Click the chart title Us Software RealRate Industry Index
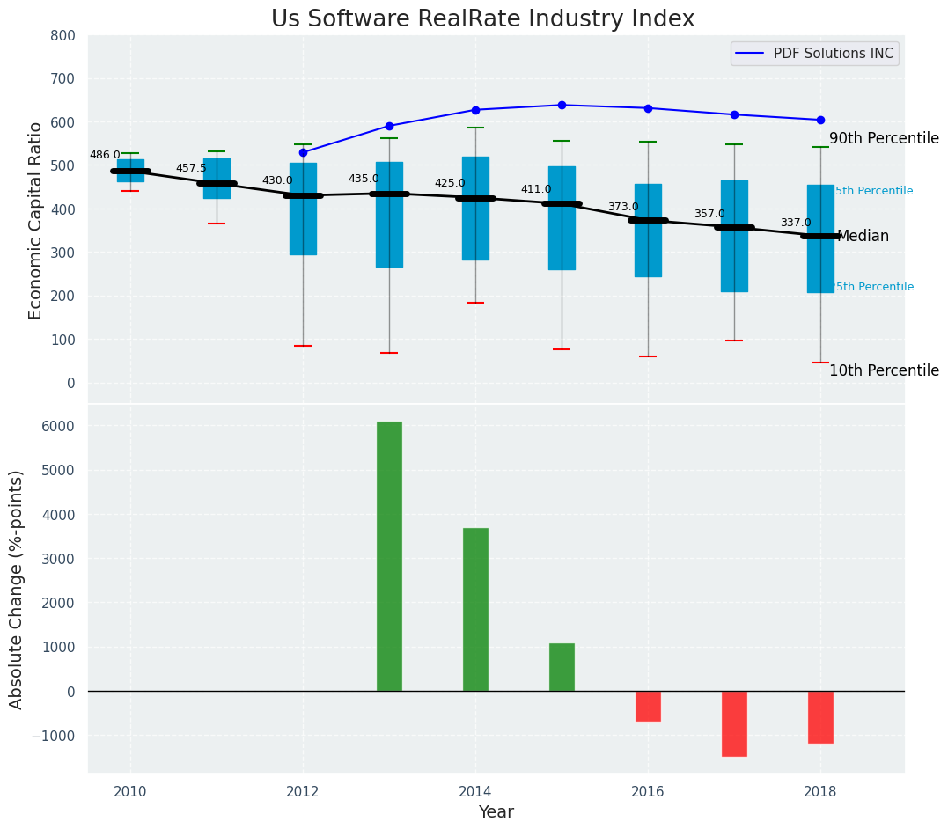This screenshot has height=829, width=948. coord(482,19)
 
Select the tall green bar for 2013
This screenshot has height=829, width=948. coord(389,556)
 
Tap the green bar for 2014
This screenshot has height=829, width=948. coord(475,609)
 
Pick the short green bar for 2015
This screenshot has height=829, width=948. coord(562,667)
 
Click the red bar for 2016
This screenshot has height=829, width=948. coord(648,706)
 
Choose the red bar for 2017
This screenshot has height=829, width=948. coord(734,723)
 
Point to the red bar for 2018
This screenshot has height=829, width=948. coord(820,717)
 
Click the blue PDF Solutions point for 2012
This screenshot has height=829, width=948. coord(303,152)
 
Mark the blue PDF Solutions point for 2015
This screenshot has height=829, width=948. coord(562,106)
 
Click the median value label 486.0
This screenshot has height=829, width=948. coord(105,156)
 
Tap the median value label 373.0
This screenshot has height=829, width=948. coord(623,208)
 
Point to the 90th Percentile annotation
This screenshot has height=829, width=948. coord(884,139)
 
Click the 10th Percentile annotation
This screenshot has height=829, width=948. coord(884,371)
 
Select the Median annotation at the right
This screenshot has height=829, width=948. coord(863,237)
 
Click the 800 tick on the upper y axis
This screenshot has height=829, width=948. coord(69,36)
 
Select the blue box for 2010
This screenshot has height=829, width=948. coord(130,170)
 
